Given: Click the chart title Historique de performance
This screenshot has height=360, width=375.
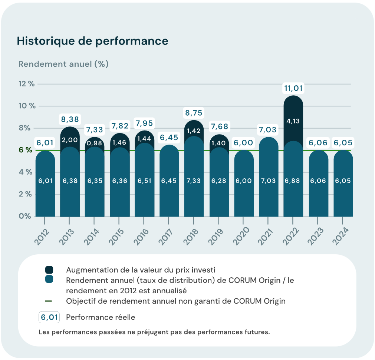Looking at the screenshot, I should click(92, 41).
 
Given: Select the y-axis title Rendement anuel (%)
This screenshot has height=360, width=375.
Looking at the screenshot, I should click(63, 64).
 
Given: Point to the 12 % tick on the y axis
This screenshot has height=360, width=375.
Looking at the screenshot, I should click(26, 84).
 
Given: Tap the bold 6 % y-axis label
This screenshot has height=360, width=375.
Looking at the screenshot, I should click(26, 150).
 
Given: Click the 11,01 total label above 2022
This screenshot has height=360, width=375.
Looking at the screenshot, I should click(293, 89).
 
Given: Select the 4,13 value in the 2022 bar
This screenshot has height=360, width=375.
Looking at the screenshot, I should click(293, 121).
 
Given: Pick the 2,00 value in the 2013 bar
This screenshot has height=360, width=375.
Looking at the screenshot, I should click(69, 140).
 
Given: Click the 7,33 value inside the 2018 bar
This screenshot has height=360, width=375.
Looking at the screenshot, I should click(194, 181).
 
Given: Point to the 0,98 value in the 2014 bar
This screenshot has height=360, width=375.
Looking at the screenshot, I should click(94, 143).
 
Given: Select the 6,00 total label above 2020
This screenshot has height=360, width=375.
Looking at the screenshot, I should click(243, 143).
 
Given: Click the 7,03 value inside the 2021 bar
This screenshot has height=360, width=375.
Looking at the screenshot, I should click(268, 181).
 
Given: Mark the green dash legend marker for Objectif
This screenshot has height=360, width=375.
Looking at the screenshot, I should click(49, 301).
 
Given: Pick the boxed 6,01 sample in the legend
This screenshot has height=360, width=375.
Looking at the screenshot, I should click(49, 318).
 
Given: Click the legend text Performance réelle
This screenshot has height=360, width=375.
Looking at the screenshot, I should click(101, 318).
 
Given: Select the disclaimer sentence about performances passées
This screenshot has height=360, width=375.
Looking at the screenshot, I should click(154, 332).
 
